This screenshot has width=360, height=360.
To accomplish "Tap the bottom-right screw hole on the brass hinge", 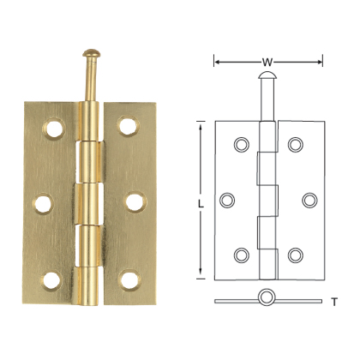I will (129, 279).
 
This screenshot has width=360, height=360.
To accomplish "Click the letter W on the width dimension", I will (268, 61).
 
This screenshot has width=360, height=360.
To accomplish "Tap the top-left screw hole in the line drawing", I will (239, 145).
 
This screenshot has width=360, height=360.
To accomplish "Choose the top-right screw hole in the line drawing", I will (296, 145).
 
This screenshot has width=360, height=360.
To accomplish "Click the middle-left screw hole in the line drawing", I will (227, 200).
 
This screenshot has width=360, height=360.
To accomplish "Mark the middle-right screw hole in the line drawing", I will (309, 200).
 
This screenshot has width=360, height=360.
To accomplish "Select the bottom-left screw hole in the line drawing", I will (240, 255).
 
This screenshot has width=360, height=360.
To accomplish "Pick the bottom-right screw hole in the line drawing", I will (296, 255).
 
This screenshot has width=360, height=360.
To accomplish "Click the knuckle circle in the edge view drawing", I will (268, 299).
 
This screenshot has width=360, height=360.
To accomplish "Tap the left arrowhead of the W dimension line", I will (216, 61).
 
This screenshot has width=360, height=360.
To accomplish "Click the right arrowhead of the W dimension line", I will (321, 61).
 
